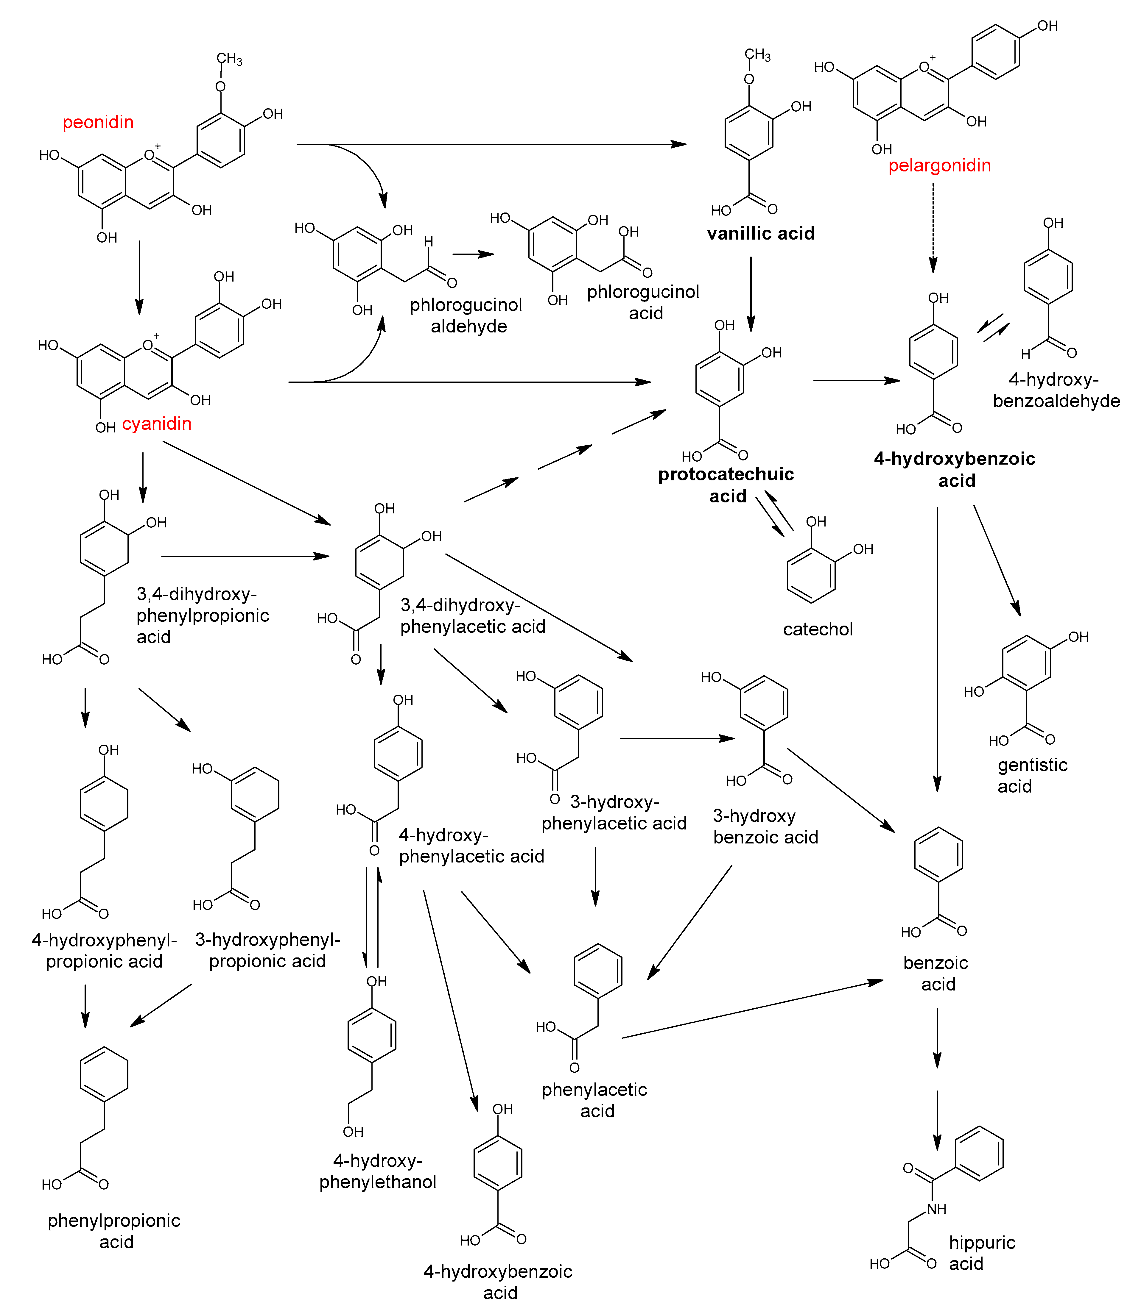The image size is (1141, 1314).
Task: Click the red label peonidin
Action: coord(98,122)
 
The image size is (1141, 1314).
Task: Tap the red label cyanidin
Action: coord(157,424)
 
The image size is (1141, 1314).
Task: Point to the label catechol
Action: coord(818,629)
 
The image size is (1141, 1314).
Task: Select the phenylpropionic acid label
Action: coord(114,1231)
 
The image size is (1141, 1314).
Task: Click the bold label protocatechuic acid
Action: coord(726,485)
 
